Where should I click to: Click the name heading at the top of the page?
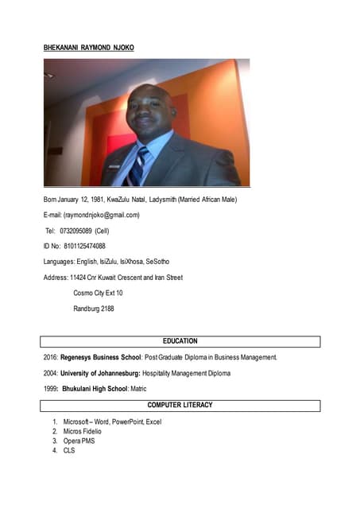(x=88, y=48)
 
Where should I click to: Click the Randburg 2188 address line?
(x=93, y=309)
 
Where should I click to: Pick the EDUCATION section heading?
(x=180, y=341)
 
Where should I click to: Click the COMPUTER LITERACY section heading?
(x=180, y=406)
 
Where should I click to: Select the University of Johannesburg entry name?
(x=100, y=373)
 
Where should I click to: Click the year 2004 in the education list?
(x=50, y=373)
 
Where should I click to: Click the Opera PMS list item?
(x=79, y=441)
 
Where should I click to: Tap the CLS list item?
(x=69, y=451)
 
